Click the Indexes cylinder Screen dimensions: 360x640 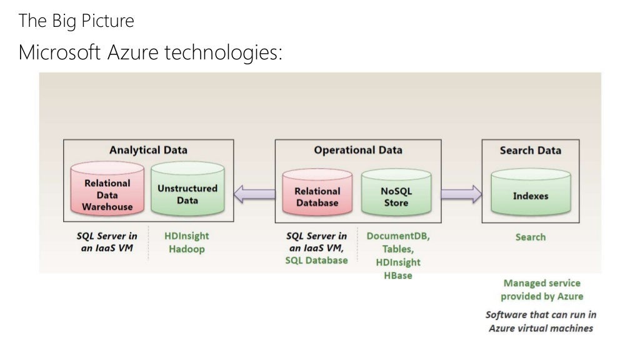[x=530, y=195]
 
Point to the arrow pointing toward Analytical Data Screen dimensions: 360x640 [x=254, y=195]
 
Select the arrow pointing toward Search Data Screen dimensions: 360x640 [x=461, y=194]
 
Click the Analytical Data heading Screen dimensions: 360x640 [x=148, y=150]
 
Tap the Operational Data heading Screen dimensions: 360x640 [x=357, y=150]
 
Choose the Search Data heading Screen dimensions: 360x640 [x=530, y=150]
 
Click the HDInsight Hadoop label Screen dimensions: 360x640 [x=186, y=242]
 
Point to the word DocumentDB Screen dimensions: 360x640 [x=398, y=236]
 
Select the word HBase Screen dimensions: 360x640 [x=398, y=275]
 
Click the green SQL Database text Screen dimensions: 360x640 [x=316, y=260]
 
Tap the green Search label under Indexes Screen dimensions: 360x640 [x=530, y=237]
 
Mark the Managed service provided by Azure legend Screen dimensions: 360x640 [x=541, y=289]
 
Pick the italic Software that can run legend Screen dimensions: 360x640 [x=541, y=321]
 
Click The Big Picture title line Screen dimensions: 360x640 [x=76, y=21]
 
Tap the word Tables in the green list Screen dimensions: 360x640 [x=398, y=249]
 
